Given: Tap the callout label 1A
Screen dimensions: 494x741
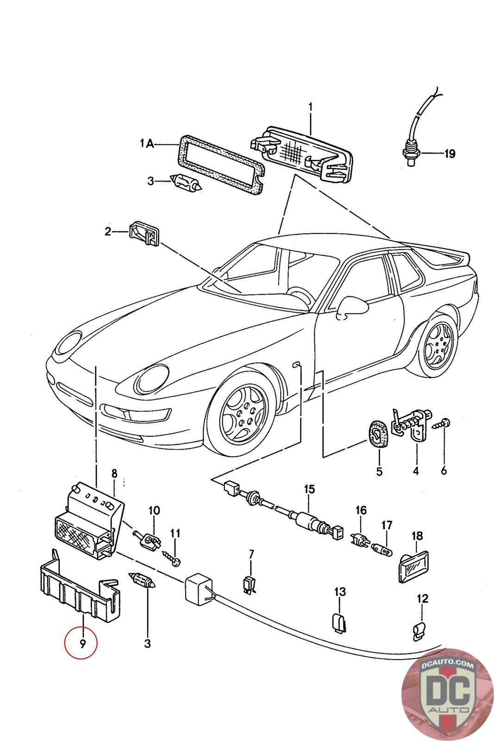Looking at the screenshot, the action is pos(147,144).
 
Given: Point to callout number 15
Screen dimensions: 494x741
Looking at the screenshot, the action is pos(309,489).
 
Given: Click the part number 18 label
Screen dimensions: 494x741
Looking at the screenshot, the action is pos(417,535).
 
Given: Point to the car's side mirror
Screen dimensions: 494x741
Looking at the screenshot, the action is pos(352,306).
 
